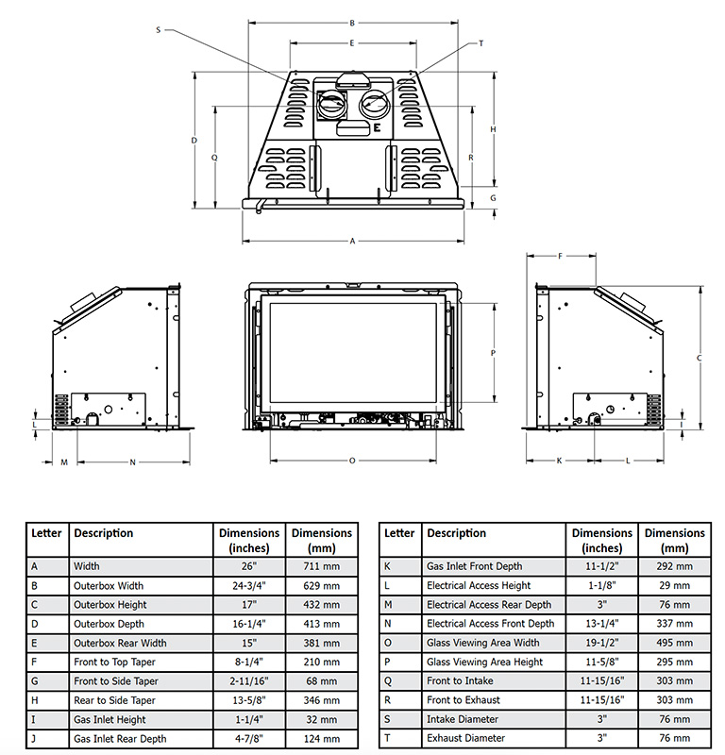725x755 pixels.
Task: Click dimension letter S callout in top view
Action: coord(158,30)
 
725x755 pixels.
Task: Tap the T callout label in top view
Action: coord(481,43)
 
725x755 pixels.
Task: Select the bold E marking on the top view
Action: coord(377,127)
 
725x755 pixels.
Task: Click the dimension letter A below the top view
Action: coord(352,241)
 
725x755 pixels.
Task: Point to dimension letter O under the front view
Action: coord(352,461)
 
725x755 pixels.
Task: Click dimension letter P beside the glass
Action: coord(493,353)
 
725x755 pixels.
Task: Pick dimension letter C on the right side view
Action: coord(699,358)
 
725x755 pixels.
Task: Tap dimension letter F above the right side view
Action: coord(560,256)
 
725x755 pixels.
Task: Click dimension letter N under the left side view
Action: coord(132,462)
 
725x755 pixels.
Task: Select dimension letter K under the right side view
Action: coord(559,461)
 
